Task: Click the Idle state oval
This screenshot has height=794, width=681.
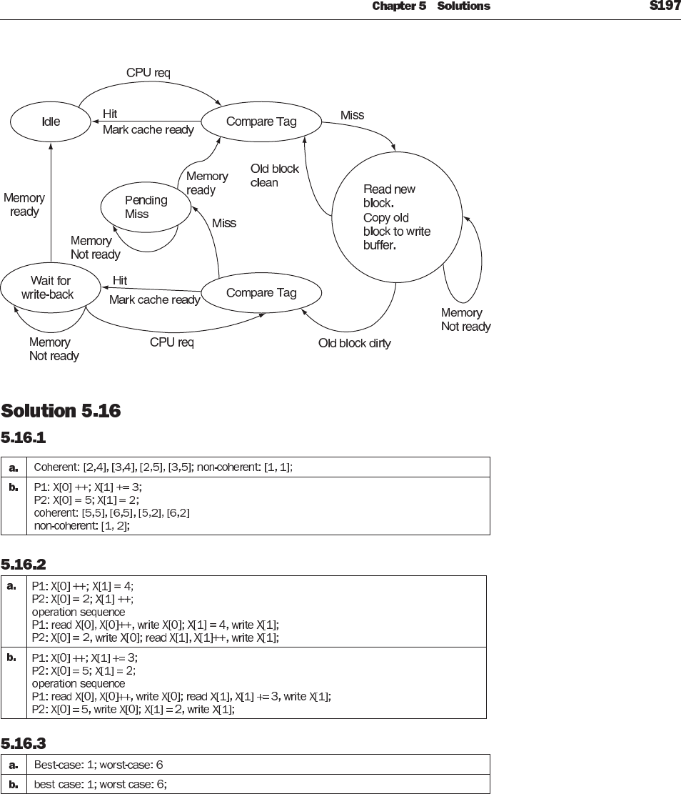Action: click(x=51, y=121)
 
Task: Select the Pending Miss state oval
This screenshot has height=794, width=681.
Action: click(x=146, y=207)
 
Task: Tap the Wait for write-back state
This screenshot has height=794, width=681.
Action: click(x=46, y=287)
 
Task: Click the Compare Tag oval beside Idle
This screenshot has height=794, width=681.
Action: click(x=261, y=121)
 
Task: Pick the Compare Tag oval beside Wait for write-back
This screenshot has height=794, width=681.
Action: click(x=261, y=292)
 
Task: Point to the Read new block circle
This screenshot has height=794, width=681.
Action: click(x=397, y=218)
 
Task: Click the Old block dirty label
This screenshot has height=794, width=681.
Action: click(x=354, y=343)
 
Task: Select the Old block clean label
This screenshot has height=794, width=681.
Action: click(x=274, y=176)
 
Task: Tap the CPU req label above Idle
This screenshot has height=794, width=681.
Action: click(x=148, y=73)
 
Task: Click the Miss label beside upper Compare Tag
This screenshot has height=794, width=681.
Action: click(x=352, y=115)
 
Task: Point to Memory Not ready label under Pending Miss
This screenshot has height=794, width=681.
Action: click(x=95, y=247)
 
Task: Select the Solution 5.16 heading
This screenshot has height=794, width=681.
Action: click(x=61, y=411)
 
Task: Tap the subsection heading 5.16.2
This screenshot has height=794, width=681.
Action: click(x=24, y=565)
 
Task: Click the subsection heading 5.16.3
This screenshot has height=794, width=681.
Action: click(x=24, y=743)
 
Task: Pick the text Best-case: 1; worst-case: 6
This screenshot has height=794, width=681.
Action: click(x=99, y=765)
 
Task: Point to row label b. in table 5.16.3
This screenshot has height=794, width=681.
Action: click(x=13, y=784)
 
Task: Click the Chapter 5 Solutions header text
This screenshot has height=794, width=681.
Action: click(x=431, y=6)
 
